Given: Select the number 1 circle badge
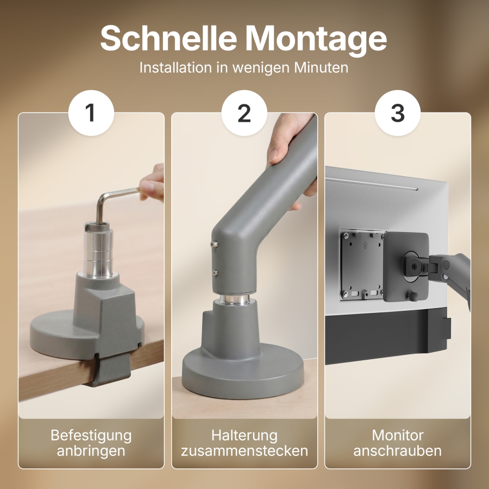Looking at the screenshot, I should (x=91, y=113).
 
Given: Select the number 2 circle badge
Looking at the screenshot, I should (x=244, y=113).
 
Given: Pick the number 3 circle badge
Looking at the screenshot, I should (x=398, y=113).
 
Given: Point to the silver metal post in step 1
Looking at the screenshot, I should (x=99, y=250).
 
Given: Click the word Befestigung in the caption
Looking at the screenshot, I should (x=91, y=435).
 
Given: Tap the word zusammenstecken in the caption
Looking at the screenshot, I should (x=244, y=451).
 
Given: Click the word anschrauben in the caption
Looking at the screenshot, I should (x=398, y=451).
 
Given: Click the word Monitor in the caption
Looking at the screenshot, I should (x=398, y=435).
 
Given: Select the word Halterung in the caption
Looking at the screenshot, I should (x=244, y=435).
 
